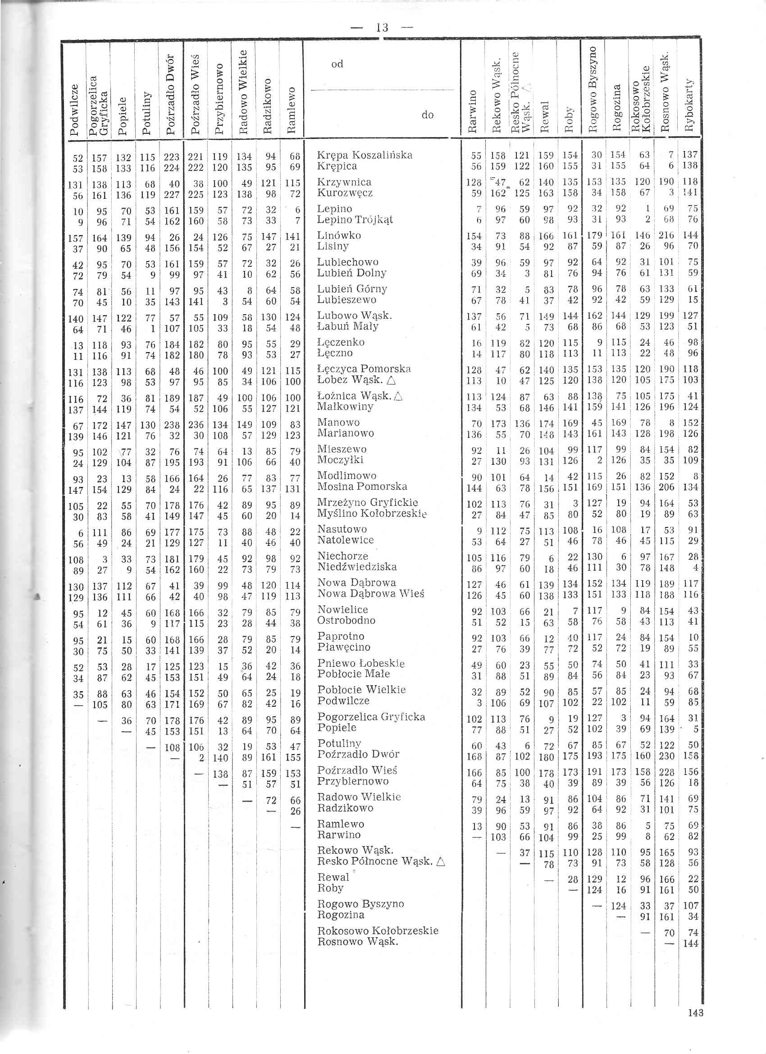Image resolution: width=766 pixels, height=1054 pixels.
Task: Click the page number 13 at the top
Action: coord(382,28)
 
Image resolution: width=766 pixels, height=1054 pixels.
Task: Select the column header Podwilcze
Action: coord(74,110)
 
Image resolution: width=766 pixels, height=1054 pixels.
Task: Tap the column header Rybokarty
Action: coord(689,105)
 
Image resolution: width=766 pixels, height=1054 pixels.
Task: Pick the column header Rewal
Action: coord(545,116)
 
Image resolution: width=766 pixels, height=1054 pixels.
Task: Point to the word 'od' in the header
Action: coord(337,64)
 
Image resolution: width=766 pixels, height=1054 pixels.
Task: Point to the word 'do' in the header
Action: coord(427,115)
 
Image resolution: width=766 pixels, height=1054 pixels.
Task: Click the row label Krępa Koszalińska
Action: coord(365,155)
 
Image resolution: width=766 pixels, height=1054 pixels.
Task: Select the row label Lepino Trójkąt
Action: coord(355,220)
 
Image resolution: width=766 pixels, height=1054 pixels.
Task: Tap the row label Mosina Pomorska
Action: coord(362,486)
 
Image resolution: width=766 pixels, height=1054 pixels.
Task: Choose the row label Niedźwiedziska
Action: coord(357,567)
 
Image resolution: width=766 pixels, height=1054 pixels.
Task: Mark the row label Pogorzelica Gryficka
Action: coord(371,717)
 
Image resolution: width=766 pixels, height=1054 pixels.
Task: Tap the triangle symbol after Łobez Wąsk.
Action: coord(391,380)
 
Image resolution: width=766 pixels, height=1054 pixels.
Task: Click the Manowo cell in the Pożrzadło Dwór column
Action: coord(172,425)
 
